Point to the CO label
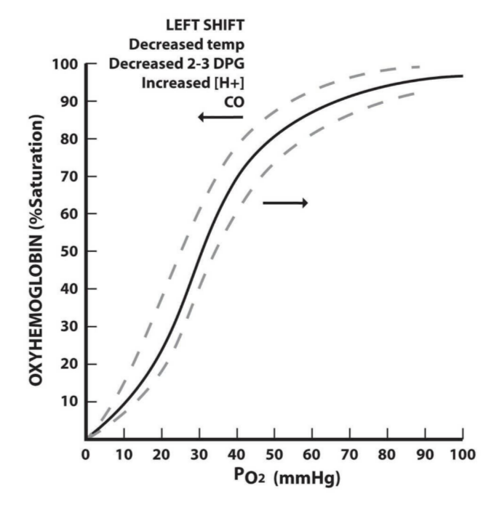click(x=234, y=100)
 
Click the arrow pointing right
click(x=285, y=203)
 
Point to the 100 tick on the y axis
click(x=65, y=64)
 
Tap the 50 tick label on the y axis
click(x=69, y=251)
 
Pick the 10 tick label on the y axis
click(x=69, y=402)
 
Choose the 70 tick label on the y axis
click(x=69, y=177)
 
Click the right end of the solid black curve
click(x=462, y=76)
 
